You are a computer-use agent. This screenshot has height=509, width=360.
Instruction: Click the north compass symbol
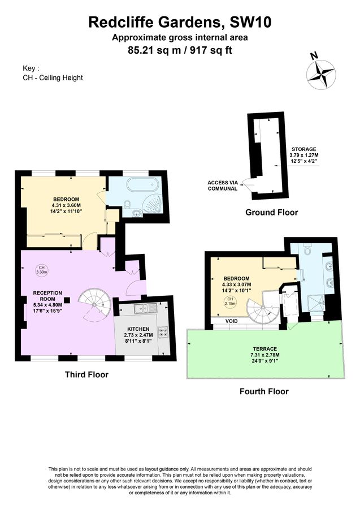tap(320, 73)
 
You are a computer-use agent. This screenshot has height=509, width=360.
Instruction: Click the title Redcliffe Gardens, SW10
tap(180, 23)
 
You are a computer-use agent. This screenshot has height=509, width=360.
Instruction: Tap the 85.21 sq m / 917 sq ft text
tap(180, 50)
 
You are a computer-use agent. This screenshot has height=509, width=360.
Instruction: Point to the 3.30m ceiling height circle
tap(42, 269)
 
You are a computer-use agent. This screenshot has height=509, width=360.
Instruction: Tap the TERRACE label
tap(264, 348)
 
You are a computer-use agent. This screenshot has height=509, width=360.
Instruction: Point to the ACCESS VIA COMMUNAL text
tap(222, 185)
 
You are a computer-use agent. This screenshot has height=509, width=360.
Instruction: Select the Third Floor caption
tap(86, 374)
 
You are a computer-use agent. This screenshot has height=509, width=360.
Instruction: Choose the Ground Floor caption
tap(271, 213)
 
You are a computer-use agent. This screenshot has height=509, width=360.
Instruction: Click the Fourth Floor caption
tap(264, 391)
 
